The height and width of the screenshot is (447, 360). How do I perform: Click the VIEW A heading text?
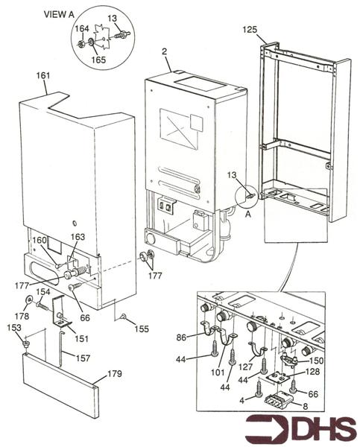[59, 14]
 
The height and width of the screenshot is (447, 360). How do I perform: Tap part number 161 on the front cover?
[43, 75]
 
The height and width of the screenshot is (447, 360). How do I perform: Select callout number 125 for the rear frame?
[250, 30]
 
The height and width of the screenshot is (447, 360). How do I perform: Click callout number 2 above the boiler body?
[164, 51]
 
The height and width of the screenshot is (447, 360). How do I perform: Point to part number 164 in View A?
[82, 29]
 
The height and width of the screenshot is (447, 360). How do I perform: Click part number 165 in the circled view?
[98, 60]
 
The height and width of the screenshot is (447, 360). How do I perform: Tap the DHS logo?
[301, 430]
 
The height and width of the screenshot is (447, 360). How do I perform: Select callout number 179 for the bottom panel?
[114, 373]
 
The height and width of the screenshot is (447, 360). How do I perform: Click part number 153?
[14, 328]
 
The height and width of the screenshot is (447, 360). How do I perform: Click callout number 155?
[142, 329]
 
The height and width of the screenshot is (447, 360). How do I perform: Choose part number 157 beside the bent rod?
[83, 358]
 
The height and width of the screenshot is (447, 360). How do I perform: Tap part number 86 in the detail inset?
[181, 337]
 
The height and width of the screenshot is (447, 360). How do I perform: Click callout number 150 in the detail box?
[316, 361]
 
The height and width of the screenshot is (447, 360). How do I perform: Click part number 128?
[312, 372]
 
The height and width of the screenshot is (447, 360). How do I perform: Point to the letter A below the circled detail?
[248, 214]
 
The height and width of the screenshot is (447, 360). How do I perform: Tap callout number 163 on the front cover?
[78, 237]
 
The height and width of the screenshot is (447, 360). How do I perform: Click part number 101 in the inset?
[218, 372]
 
